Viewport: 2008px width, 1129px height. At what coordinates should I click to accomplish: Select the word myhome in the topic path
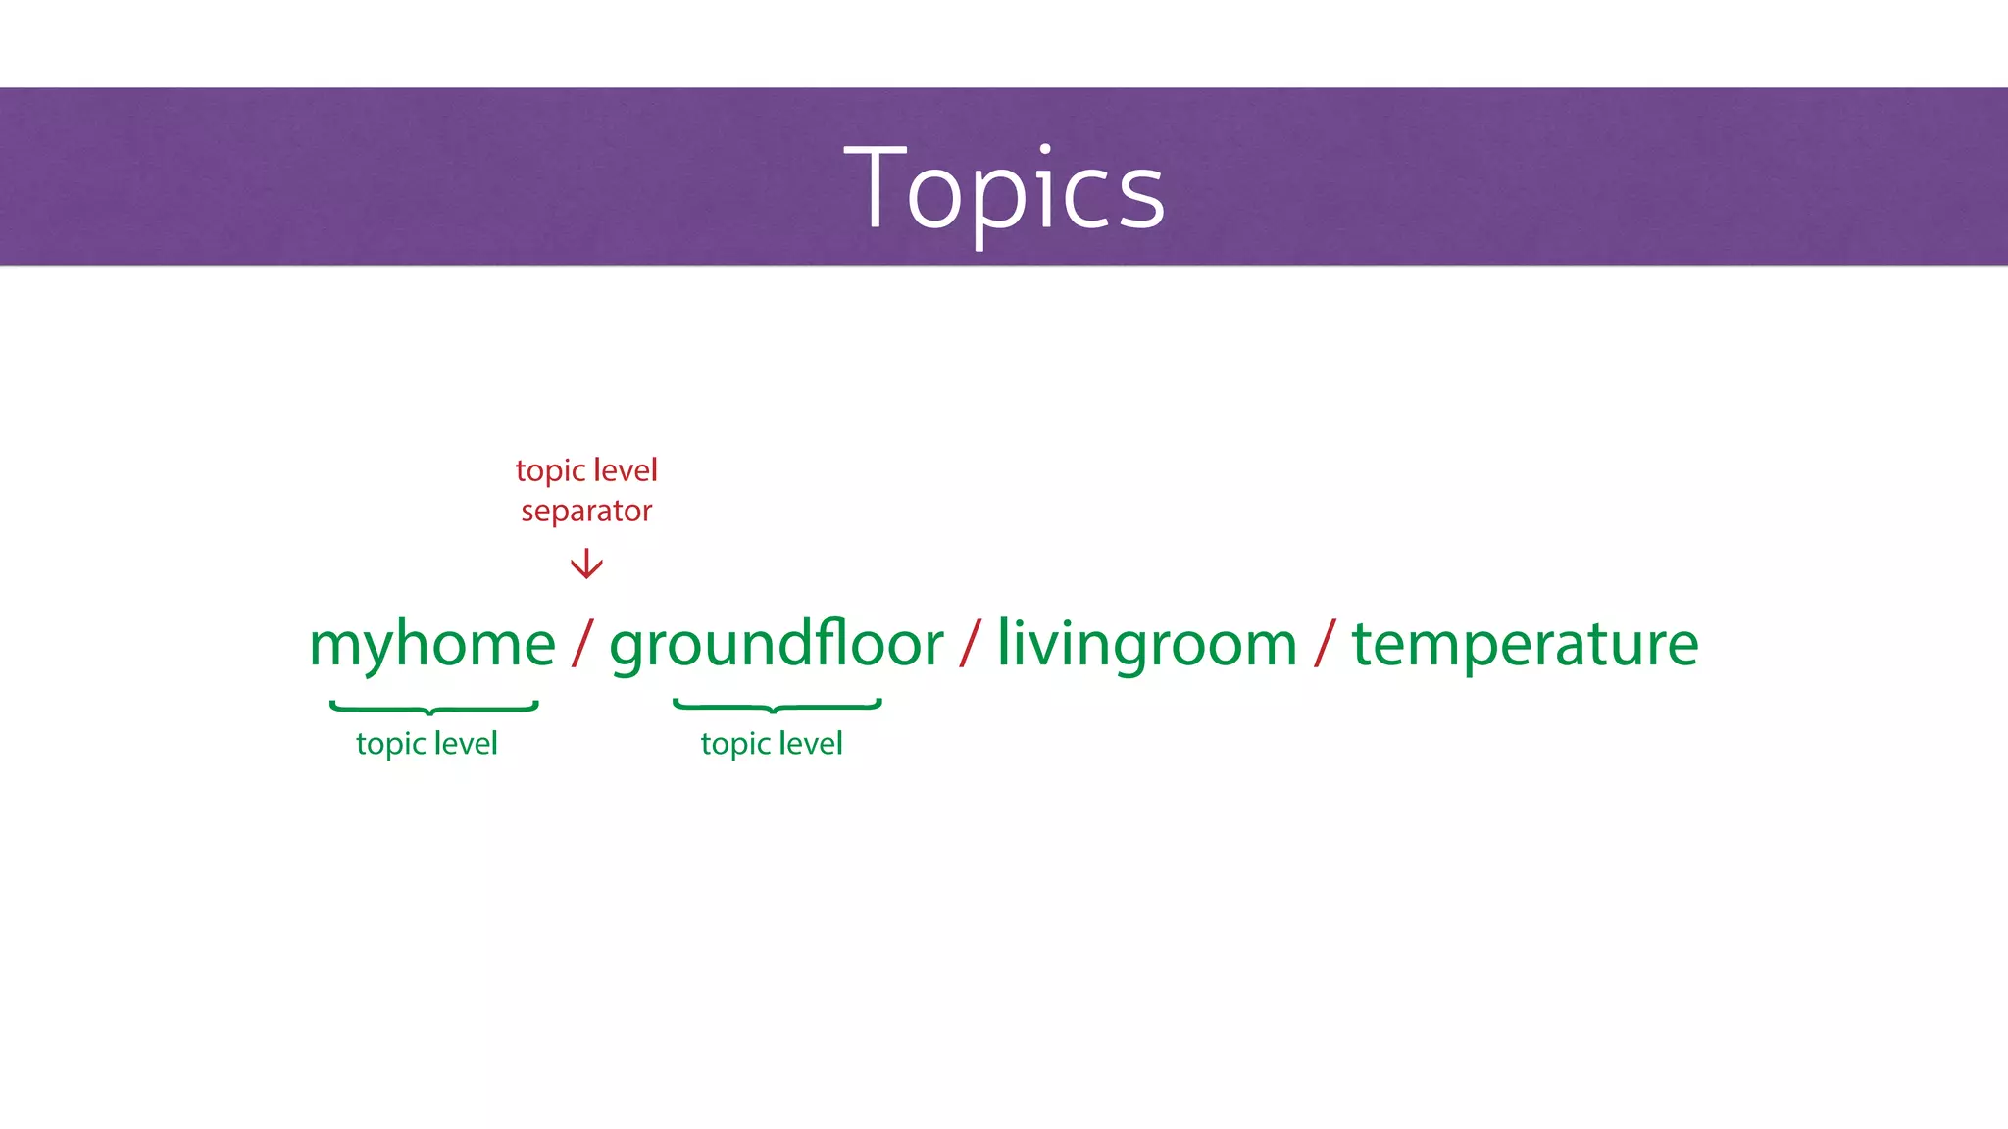point(432,645)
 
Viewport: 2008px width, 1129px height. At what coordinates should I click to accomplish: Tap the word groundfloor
point(777,645)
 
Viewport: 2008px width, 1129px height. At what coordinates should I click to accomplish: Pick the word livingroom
point(1147,645)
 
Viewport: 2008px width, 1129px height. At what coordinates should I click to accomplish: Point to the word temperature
point(1525,645)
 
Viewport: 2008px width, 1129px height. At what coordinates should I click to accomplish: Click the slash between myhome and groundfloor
point(582,644)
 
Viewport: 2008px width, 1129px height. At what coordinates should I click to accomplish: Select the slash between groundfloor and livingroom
point(971,644)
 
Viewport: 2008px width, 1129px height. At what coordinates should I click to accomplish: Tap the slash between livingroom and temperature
point(1325,644)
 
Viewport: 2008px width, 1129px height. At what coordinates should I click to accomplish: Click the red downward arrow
point(586,564)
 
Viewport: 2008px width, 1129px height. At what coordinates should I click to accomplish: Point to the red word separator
point(586,512)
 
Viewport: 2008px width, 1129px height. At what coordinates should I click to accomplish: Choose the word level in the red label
point(626,470)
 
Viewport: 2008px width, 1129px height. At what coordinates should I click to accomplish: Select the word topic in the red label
point(551,471)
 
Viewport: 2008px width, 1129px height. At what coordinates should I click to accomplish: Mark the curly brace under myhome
point(433,707)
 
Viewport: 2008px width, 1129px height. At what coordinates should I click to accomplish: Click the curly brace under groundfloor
point(777,706)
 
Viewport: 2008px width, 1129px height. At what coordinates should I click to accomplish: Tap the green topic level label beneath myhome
point(427,744)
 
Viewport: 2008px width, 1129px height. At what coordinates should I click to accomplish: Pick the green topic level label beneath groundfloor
point(772,744)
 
